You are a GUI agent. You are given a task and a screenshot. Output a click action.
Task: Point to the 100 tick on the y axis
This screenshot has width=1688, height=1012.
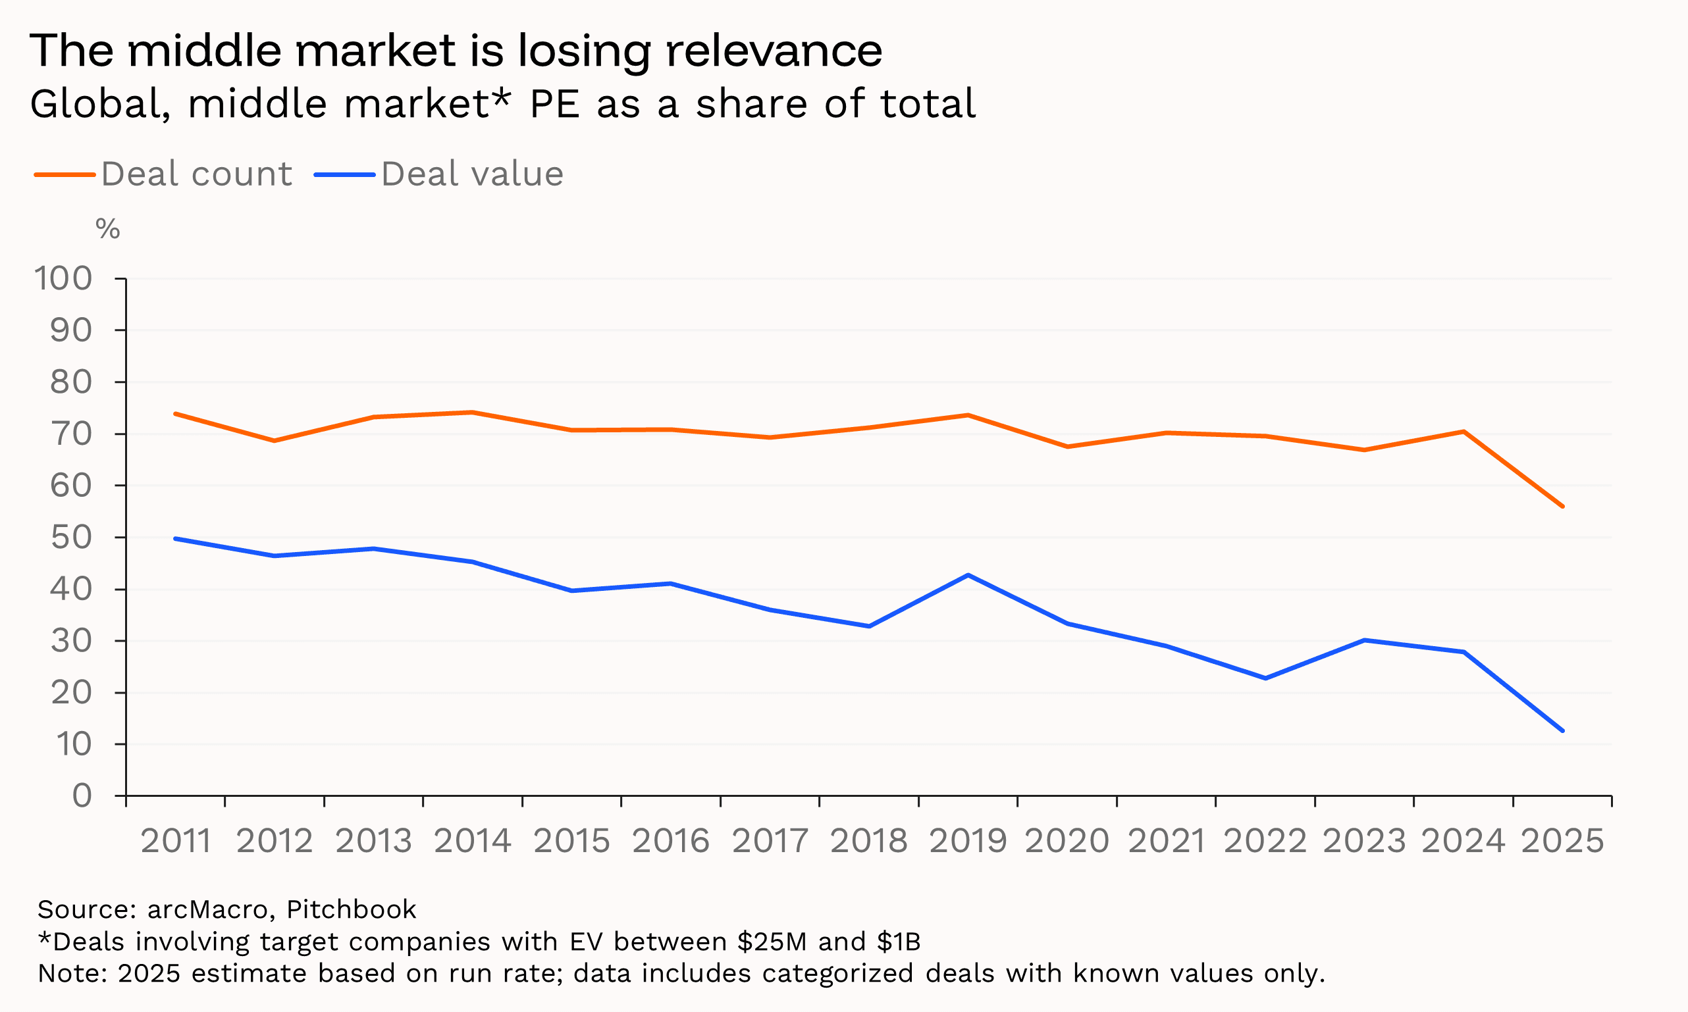coord(63,278)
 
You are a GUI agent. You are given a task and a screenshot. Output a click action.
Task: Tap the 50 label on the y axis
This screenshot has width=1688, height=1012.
coord(71,538)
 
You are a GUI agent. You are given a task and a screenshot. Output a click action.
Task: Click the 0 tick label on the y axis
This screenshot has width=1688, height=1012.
coord(82,796)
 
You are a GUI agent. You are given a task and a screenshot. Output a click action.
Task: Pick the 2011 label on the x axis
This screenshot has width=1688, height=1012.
coord(175,841)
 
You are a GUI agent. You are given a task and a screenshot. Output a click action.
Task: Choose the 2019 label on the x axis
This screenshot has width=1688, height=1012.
coord(968,841)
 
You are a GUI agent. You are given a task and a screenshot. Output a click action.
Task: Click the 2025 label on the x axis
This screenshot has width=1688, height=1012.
coord(1562,841)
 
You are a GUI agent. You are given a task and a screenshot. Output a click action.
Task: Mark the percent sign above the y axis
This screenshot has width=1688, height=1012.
coord(108,229)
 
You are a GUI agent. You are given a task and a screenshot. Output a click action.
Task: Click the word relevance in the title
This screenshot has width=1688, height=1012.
coord(774,51)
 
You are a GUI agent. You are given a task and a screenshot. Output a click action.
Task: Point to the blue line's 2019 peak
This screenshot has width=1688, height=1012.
coord(968,575)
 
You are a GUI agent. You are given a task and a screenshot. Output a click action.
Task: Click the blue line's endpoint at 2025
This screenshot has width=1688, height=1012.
coord(1562,731)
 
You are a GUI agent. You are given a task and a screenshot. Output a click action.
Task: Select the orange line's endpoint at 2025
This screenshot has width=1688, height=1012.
coord(1562,507)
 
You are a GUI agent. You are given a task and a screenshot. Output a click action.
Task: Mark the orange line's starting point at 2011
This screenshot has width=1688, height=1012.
coord(175,414)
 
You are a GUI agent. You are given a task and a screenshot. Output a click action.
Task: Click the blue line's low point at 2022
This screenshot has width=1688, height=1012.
coord(1265,678)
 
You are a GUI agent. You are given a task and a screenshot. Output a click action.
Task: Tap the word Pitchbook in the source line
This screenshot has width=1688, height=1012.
coord(351,910)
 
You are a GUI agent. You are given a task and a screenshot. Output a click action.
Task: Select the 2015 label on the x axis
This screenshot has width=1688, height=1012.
coord(571,841)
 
